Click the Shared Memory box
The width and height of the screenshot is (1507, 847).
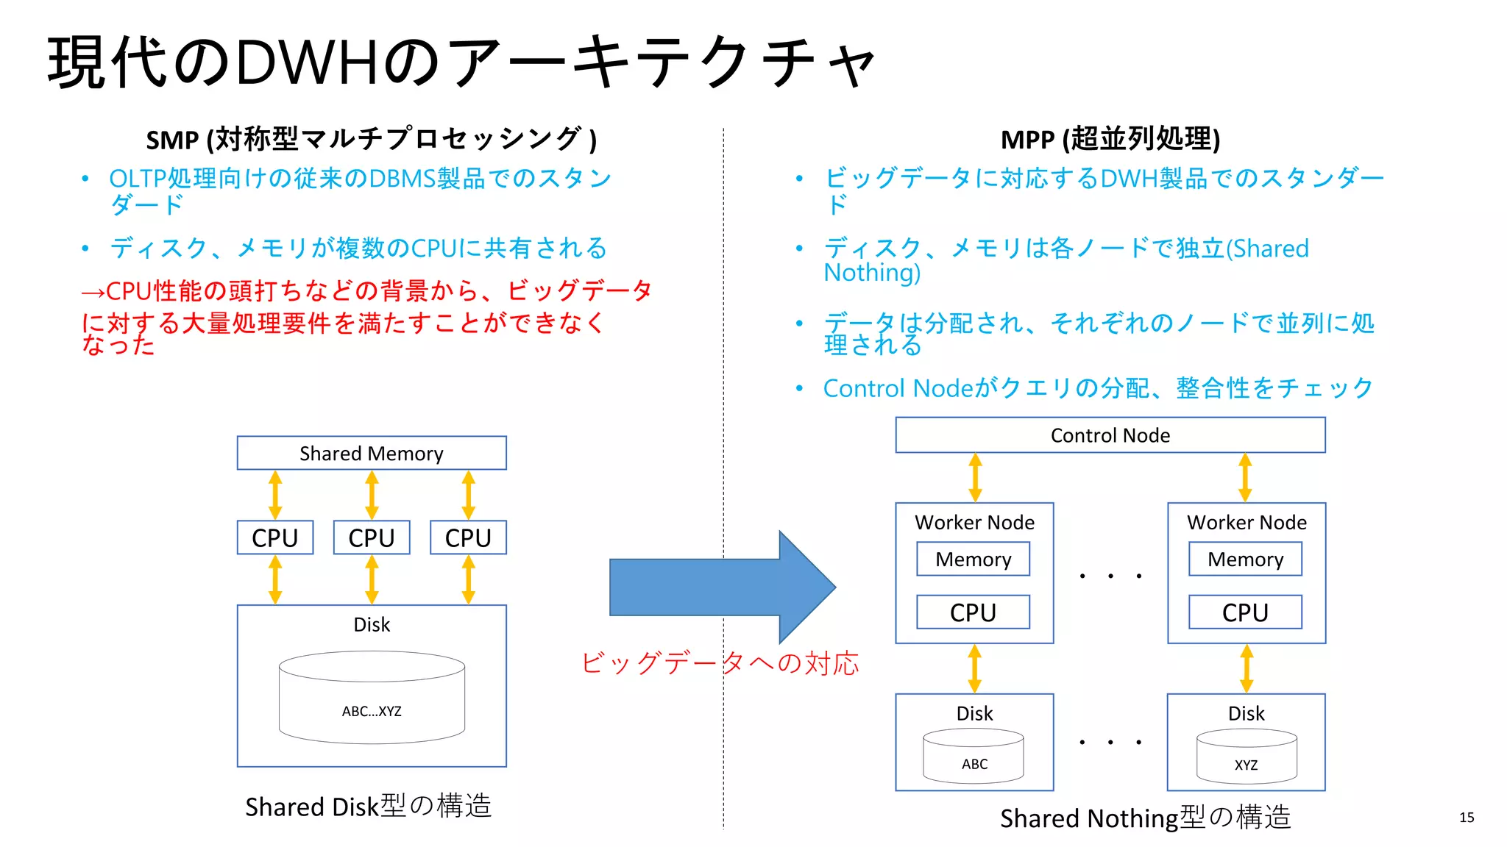point(372,453)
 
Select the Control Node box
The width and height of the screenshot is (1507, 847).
point(1110,435)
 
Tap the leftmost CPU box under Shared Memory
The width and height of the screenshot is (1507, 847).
point(274,537)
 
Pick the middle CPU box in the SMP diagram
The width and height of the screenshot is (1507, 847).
point(372,537)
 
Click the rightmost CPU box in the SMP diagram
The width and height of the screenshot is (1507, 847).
point(468,537)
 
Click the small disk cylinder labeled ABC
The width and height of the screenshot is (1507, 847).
point(974,757)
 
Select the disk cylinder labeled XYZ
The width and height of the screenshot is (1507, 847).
point(1246,758)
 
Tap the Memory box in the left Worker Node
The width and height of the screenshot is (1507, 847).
point(973,560)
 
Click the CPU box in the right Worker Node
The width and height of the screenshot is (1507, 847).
point(1245,612)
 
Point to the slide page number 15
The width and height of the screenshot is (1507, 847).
point(1467,817)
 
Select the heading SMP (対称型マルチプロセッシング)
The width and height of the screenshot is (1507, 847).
point(371,139)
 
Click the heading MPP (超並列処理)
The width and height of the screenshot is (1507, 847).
point(1110,139)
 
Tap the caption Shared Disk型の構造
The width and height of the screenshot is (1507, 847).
point(368,807)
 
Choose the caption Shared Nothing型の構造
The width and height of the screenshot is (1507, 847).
point(1145,818)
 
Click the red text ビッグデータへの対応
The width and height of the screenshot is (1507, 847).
point(719,663)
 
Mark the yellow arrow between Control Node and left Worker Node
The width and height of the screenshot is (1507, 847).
point(975,477)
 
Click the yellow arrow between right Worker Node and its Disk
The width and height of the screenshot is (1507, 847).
point(1246,668)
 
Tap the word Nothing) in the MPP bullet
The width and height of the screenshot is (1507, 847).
point(872,273)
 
